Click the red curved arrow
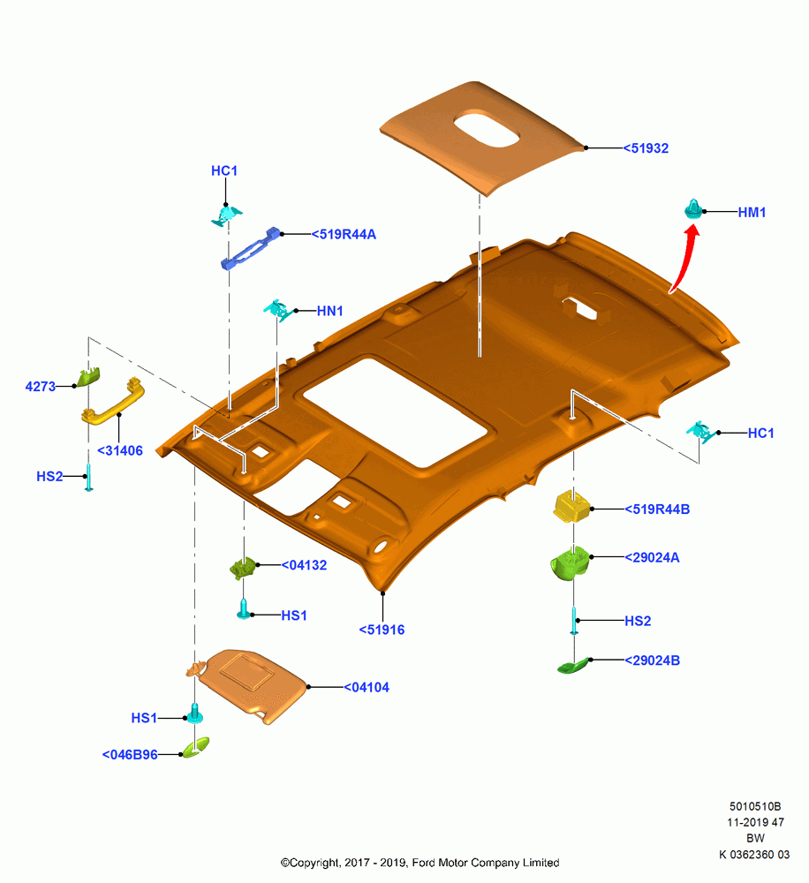(x=686, y=257)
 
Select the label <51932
(x=646, y=148)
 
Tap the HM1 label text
(x=752, y=212)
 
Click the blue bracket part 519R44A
(x=251, y=248)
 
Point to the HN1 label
(x=330, y=311)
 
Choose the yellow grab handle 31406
(x=113, y=400)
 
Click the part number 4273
(x=41, y=387)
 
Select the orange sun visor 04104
(x=248, y=684)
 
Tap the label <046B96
(x=130, y=755)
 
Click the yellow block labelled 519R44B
(x=571, y=506)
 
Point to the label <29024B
(x=653, y=660)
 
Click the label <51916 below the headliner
(x=382, y=630)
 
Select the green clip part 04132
(x=244, y=568)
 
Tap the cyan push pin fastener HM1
(x=693, y=209)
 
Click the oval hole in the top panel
(x=487, y=128)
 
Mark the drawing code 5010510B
(x=755, y=806)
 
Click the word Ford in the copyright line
(x=424, y=863)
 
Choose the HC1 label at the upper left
(x=224, y=170)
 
